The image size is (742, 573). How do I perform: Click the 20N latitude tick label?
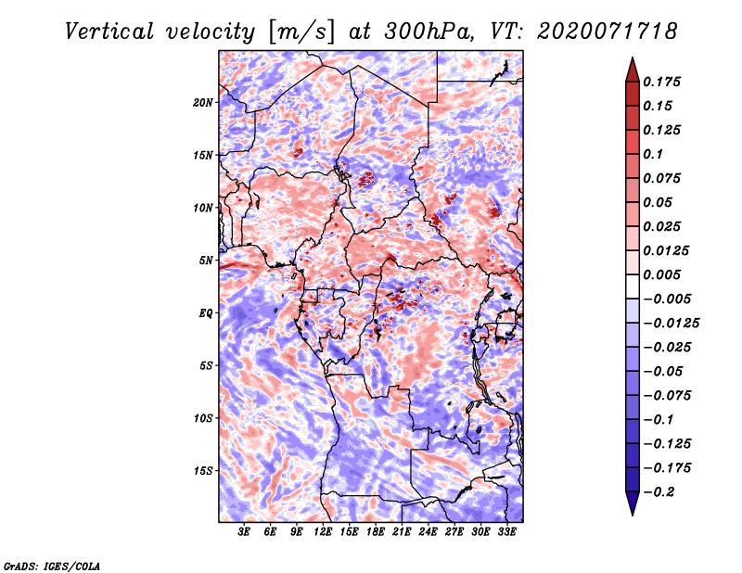coord(202,103)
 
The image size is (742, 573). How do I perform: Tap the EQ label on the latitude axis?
coord(205,313)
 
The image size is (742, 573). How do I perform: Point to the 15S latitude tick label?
coord(202,471)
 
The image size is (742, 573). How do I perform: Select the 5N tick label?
coord(206,261)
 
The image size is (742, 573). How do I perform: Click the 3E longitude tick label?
coord(244,532)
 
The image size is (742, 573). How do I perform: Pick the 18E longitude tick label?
coord(376,532)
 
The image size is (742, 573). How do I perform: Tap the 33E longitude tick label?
coord(506,532)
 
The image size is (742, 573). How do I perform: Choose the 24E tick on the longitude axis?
coord(428,532)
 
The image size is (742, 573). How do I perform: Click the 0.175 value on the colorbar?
coord(661,82)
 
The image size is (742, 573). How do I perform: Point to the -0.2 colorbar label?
coord(659,492)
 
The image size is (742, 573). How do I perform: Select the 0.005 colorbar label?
coord(661,274)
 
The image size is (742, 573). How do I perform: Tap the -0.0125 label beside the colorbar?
coord(671,324)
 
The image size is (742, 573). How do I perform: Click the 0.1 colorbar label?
coord(653,154)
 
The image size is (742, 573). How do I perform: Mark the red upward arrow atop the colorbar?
coord(633,70)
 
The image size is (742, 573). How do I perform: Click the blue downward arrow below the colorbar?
coord(633,503)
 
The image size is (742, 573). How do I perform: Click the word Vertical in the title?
coord(109,32)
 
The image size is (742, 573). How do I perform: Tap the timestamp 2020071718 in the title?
coord(608,32)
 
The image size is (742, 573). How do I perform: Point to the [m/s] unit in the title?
coord(301,32)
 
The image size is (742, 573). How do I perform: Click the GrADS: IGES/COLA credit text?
coord(52,566)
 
